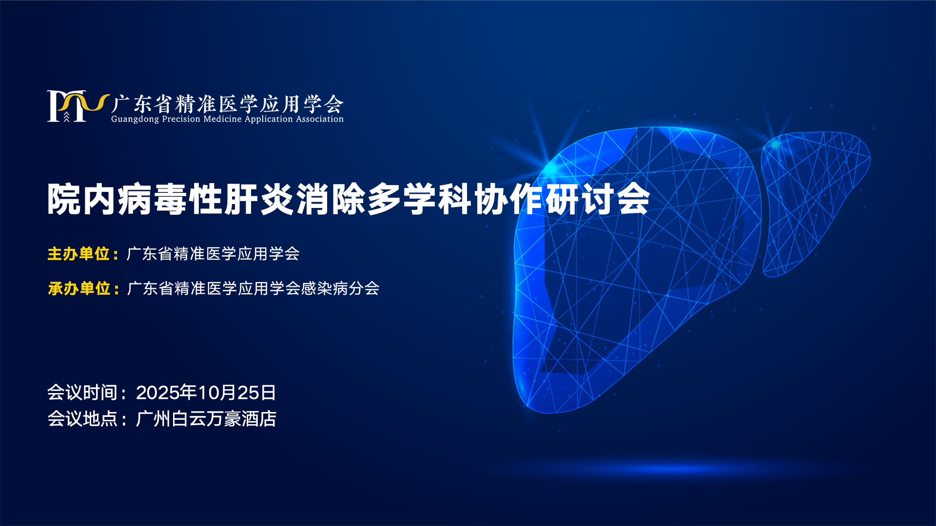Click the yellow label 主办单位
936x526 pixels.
[x=78, y=254]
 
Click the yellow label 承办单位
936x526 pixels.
[x=79, y=288]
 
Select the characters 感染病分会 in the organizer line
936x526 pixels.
[x=340, y=288]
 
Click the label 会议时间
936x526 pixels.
[x=82, y=393]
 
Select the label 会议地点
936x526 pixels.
[x=82, y=419]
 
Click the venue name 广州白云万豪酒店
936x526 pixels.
[x=206, y=419]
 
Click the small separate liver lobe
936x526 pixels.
[x=816, y=204]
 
